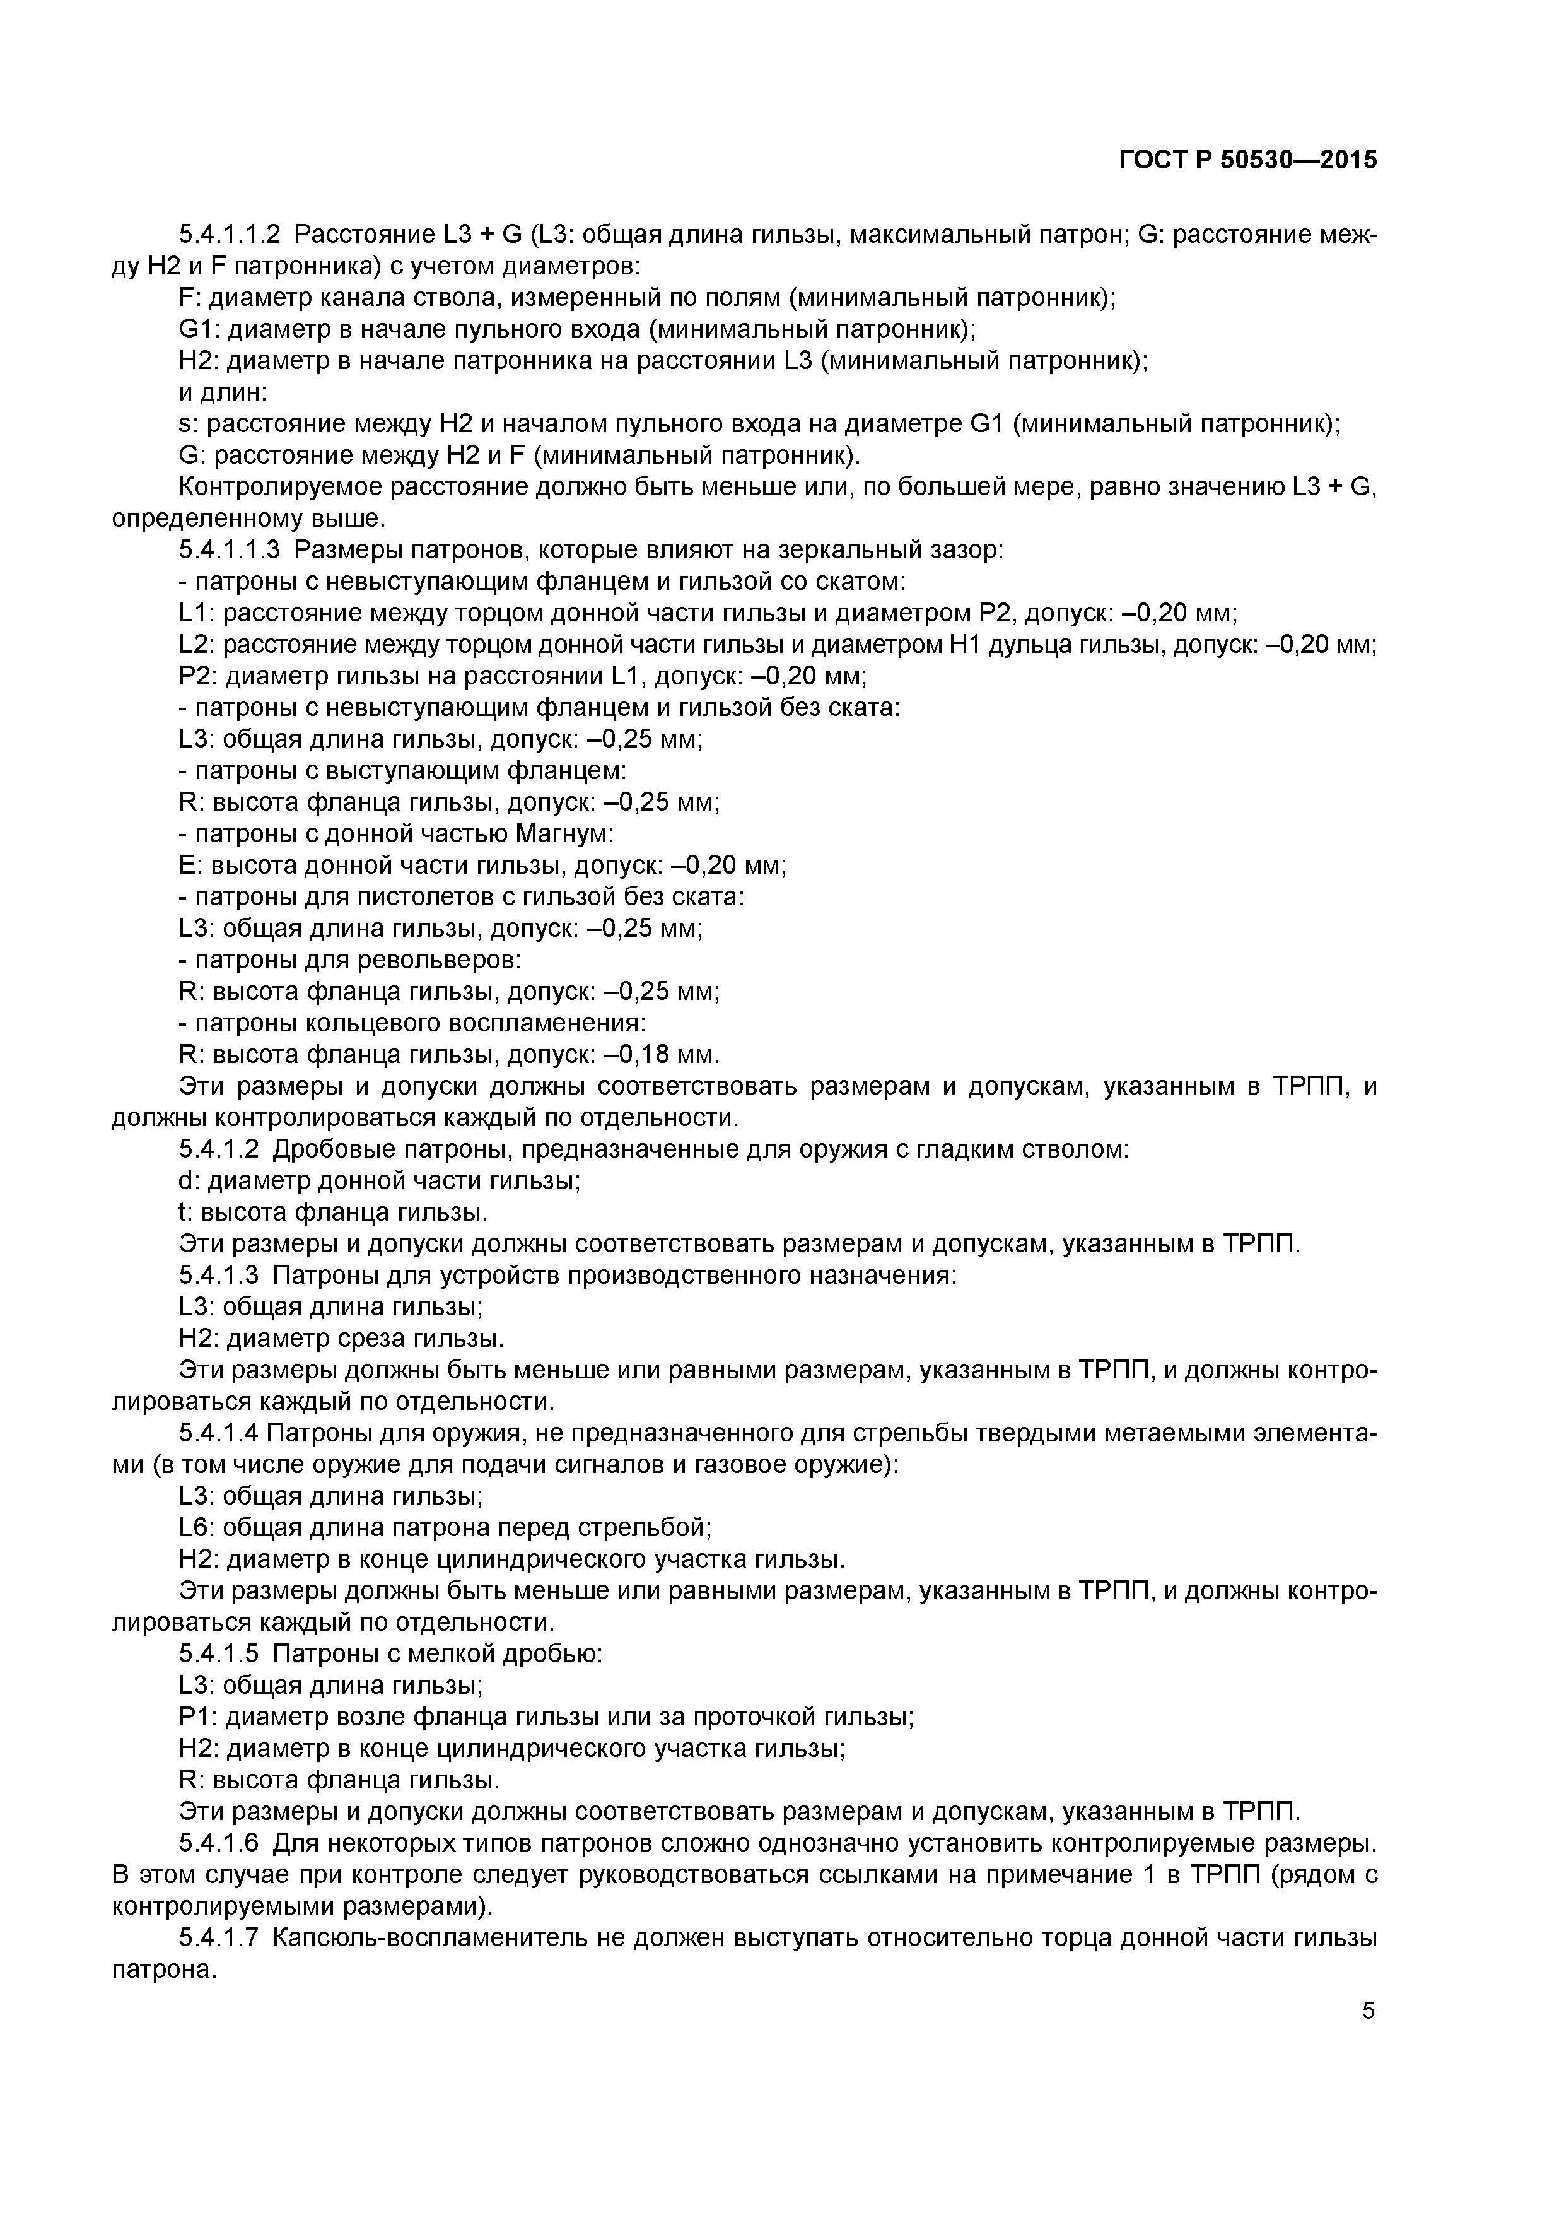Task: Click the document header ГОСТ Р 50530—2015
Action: [1248, 160]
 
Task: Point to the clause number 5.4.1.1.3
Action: [230, 550]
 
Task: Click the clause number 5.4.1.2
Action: [219, 1150]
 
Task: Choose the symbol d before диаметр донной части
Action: [186, 1181]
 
